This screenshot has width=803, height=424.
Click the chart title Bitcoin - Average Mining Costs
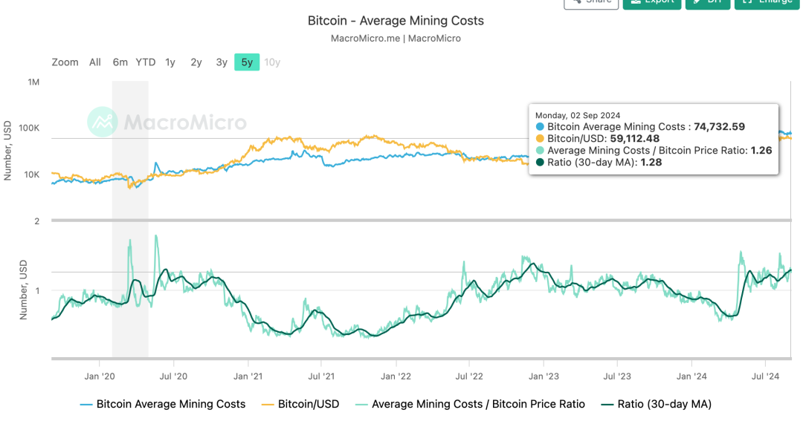tap(396, 21)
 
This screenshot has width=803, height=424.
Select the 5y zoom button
tap(247, 62)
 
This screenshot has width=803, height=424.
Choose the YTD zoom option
tap(146, 62)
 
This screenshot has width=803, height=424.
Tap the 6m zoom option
tap(120, 62)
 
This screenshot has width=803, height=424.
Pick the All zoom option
tap(95, 62)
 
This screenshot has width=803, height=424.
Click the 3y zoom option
tap(222, 62)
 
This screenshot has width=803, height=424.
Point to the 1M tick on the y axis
tap(34, 82)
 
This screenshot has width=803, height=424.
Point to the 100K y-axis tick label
tap(30, 128)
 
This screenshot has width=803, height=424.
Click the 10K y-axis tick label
tap(32, 175)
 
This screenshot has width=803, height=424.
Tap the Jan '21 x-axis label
tap(247, 376)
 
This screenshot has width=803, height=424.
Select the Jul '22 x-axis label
tap(469, 376)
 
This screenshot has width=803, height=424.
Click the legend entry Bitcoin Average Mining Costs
tap(170, 405)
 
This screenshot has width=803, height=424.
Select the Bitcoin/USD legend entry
tap(308, 405)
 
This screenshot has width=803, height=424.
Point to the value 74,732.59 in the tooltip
tap(719, 127)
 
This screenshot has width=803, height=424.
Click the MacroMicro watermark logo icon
tap(102, 122)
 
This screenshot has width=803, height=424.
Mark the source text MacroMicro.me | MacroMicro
tap(396, 39)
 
